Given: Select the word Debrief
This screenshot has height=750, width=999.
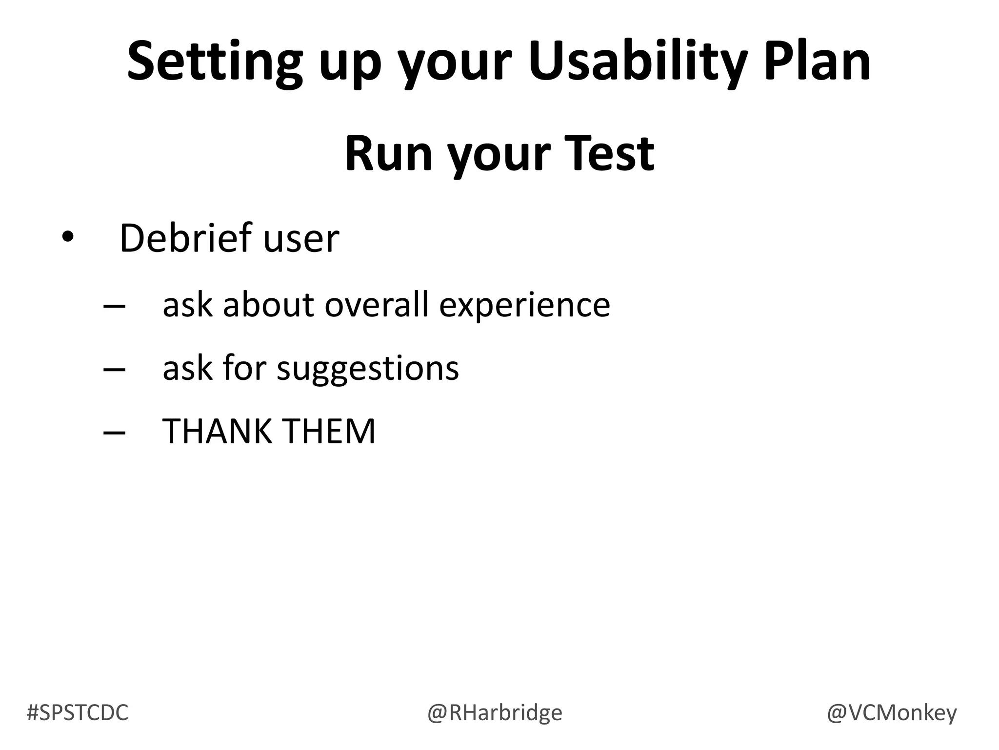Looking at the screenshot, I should click(185, 238).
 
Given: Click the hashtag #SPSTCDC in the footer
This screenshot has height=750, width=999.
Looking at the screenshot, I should click(78, 712).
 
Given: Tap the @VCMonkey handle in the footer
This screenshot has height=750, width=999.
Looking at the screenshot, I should click(892, 712).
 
